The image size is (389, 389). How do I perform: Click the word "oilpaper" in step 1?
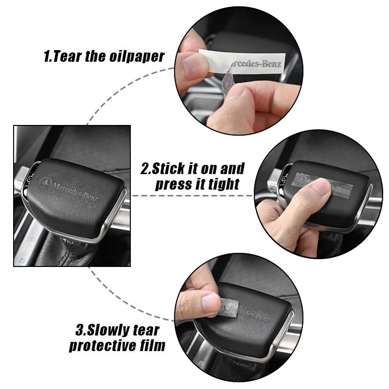point(137,57)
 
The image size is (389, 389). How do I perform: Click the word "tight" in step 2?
point(224,184)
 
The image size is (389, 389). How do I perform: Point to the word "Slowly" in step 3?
point(108,330)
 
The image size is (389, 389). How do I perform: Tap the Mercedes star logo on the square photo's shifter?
point(46,183)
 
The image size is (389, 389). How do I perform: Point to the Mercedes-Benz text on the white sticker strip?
point(256,64)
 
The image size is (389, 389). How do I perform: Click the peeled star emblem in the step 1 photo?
point(227,82)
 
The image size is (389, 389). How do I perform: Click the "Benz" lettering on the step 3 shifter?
point(261,318)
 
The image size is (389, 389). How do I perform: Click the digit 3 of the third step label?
point(80,330)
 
